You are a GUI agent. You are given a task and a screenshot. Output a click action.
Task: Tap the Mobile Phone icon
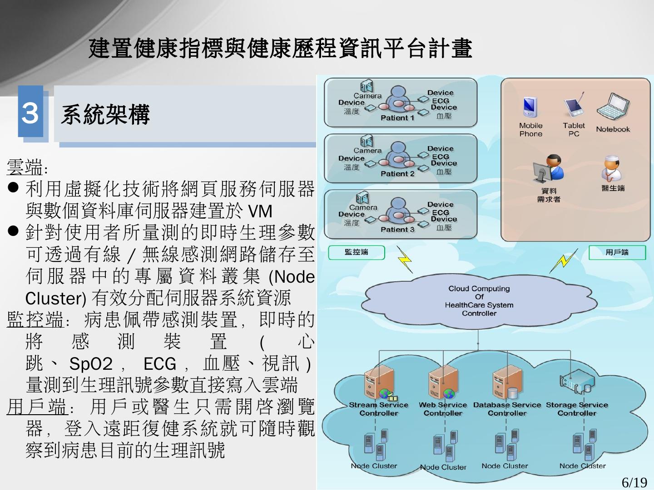[x=530, y=108]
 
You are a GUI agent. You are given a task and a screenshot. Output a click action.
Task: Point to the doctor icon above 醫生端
[x=612, y=168]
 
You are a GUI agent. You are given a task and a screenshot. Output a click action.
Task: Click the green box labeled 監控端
[x=356, y=252]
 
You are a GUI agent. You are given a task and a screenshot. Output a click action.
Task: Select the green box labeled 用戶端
[x=617, y=252]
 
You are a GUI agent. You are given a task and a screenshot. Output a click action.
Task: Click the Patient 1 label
[x=397, y=118]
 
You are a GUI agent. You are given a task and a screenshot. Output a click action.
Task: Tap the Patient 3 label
[x=397, y=230]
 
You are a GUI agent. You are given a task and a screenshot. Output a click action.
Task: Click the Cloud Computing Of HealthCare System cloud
[x=479, y=300]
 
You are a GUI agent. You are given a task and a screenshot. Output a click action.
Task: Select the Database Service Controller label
[x=507, y=409]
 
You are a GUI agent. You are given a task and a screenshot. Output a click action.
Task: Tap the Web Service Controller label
[x=443, y=409]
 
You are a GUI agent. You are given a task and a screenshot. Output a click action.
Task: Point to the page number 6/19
[x=634, y=482]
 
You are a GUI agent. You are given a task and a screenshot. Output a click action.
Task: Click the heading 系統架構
[x=105, y=114]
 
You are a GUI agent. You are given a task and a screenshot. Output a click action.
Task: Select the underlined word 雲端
[x=25, y=167]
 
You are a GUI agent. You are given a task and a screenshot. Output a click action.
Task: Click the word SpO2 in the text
[x=91, y=364]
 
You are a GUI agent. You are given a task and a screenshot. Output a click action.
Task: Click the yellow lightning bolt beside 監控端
[x=404, y=260]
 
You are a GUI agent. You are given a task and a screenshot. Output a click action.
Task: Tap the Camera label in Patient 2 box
[x=367, y=151]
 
